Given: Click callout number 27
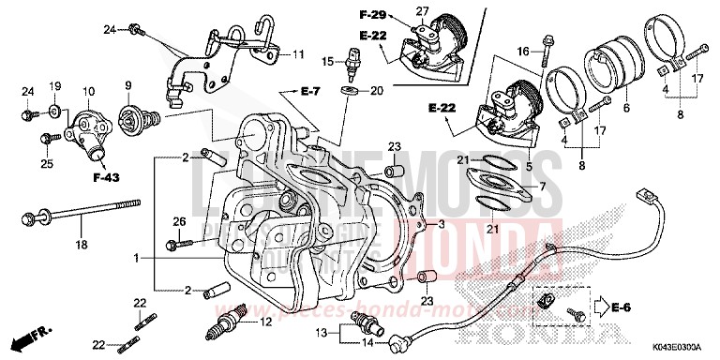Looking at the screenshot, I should click(x=422, y=10).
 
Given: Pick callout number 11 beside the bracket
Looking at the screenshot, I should click(x=297, y=54).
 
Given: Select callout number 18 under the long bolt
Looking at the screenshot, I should click(x=81, y=245).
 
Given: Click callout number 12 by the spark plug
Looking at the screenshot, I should click(x=265, y=321).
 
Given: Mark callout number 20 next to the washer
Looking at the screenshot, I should click(x=377, y=91).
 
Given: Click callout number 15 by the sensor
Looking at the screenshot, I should click(x=328, y=62).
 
